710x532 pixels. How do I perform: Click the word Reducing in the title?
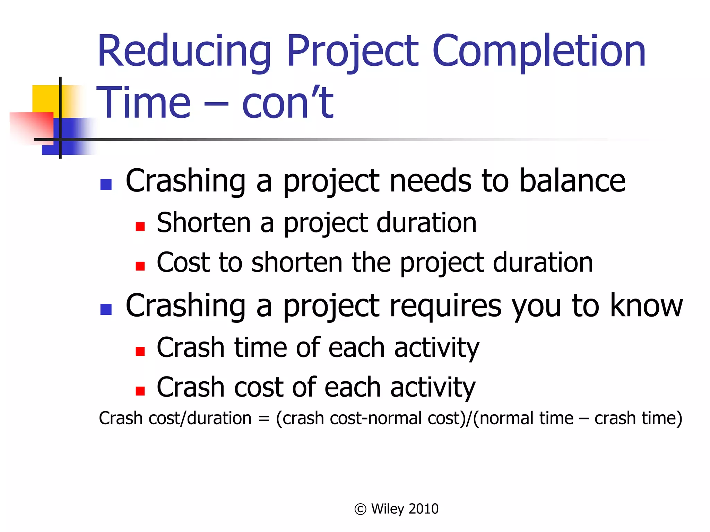(x=184, y=51)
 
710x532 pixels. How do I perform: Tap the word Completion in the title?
(x=539, y=51)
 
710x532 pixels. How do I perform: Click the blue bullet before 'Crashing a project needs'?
(x=106, y=185)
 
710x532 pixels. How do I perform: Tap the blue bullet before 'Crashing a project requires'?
(x=106, y=309)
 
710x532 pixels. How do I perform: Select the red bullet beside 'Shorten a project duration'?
(x=140, y=227)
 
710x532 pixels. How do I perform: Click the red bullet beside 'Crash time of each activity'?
(x=140, y=352)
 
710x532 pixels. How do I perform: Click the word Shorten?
(x=204, y=223)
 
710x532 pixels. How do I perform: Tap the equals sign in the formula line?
(x=263, y=419)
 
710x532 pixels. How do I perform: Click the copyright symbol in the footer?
(x=360, y=509)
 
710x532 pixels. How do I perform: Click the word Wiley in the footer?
(x=388, y=509)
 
